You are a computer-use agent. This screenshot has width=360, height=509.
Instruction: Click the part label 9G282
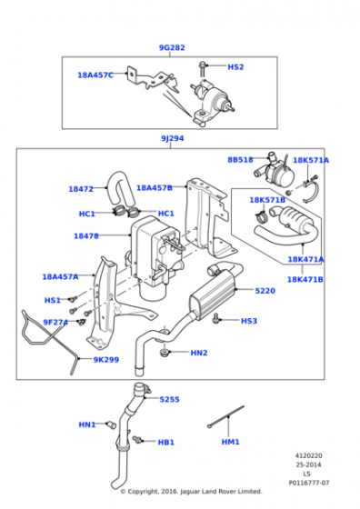[x=172, y=47]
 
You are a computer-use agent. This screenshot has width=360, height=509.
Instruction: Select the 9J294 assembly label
[x=173, y=138]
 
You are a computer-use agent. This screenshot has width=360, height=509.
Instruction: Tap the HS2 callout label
[x=235, y=67]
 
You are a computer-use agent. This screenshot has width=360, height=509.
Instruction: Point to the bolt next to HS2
[x=203, y=68]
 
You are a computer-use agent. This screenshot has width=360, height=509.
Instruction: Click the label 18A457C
[x=95, y=75]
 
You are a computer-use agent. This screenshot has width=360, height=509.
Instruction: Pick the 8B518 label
[x=240, y=160]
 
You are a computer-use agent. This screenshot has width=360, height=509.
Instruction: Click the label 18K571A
[x=311, y=160]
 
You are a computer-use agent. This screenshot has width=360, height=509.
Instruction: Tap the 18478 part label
[x=86, y=236]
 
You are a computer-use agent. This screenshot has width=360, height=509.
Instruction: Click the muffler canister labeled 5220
[x=213, y=292]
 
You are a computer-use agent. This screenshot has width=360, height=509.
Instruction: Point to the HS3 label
[x=249, y=321]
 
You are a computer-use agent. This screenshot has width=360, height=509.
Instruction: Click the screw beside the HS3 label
[x=215, y=318]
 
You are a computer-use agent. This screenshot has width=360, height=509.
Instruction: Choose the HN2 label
[x=199, y=353]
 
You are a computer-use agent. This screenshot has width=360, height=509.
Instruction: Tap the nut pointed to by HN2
[x=165, y=353]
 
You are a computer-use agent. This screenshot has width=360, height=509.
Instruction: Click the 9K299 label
[x=106, y=360]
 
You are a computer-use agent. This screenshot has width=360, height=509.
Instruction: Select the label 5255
[x=169, y=399]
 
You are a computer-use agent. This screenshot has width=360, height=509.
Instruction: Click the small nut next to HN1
[x=111, y=424]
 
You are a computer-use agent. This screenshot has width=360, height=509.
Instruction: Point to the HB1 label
[x=165, y=442]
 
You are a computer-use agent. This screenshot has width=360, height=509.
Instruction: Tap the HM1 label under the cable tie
[x=231, y=442]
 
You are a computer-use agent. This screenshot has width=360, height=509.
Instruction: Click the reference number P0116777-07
[x=309, y=483]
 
